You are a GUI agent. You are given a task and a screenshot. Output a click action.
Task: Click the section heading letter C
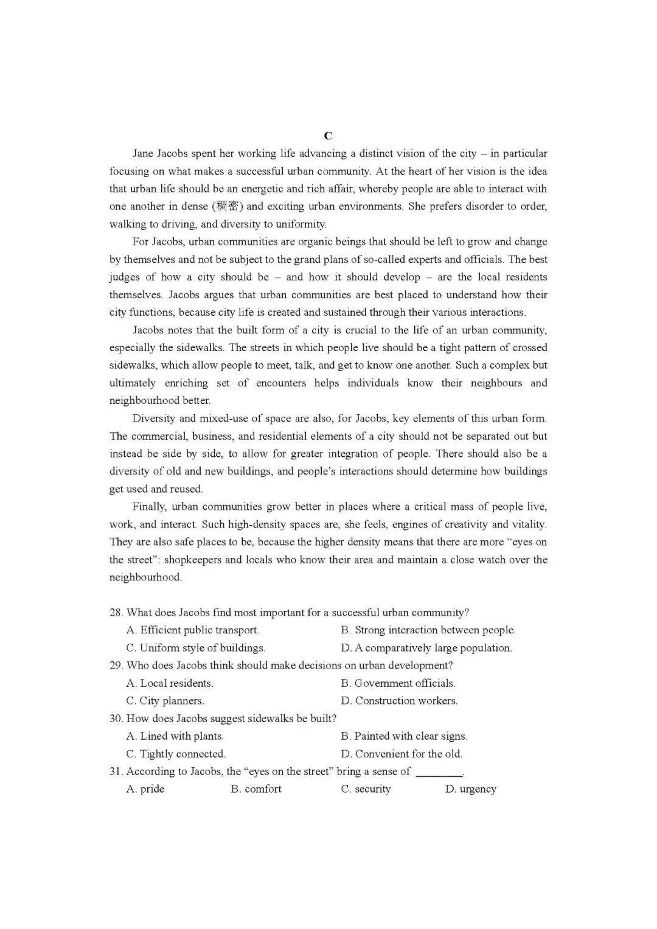(x=328, y=136)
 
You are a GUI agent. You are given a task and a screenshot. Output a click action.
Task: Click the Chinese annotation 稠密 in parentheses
(x=228, y=206)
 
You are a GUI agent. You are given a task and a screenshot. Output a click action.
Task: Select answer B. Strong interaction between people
(x=428, y=630)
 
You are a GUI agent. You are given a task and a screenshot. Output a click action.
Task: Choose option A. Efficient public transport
(x=193, y=630)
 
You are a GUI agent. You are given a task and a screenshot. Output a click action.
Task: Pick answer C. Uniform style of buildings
(x=195, y=648)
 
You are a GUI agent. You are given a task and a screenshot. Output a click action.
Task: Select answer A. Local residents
(x=170, y=683)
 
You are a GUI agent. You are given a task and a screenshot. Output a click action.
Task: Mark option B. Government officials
(x=398, y=683)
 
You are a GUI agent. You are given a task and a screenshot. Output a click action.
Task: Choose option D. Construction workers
(x=399, y=701)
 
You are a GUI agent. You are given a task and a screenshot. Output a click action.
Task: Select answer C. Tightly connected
(x=176, y=754)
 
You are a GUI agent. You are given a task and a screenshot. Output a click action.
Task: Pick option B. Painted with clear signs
(x=404, y=736)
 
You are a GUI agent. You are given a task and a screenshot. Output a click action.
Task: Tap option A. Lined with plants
(x=175, y=736)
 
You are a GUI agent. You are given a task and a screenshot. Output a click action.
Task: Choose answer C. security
(x=366, y=789)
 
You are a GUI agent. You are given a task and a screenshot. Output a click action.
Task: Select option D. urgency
(x=470, y=789)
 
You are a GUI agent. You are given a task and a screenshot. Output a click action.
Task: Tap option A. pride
(x=145, y=789)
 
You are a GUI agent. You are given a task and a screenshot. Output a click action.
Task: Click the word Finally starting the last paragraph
(x=149, y=507)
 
